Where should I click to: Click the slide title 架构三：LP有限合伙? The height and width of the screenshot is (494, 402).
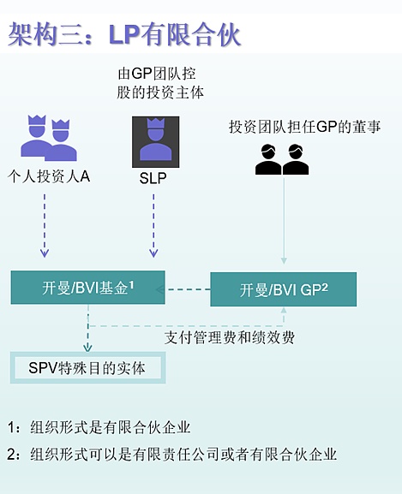[x=125, y=33]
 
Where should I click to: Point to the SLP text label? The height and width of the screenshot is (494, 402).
[x=154, y=179]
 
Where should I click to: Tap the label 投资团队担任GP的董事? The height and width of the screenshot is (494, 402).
[x=305, y=127]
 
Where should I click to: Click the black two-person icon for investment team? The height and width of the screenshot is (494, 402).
[x=282, y=159]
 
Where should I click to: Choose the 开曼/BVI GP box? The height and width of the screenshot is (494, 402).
[x=284, y=289]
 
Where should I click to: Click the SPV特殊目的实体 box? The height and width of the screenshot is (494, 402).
[x=87, y=368]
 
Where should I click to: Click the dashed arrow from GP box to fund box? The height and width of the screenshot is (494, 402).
[x=189, y=289]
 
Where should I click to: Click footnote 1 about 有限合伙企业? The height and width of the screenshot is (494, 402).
[x=99, y=426]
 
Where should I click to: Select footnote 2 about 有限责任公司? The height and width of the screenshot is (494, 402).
[x=171, y=454]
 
